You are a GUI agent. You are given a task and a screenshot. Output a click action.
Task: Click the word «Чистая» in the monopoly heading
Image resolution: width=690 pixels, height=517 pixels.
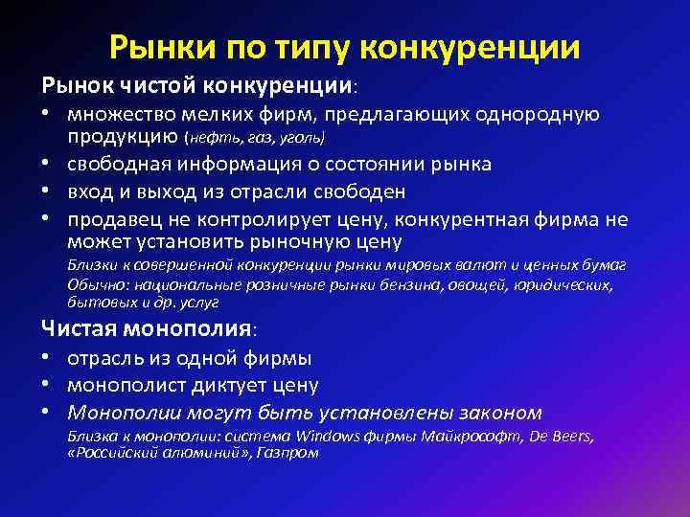pos(81,329)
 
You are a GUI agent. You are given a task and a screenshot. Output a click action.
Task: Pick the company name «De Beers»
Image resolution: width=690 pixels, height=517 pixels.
pos(562,437)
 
